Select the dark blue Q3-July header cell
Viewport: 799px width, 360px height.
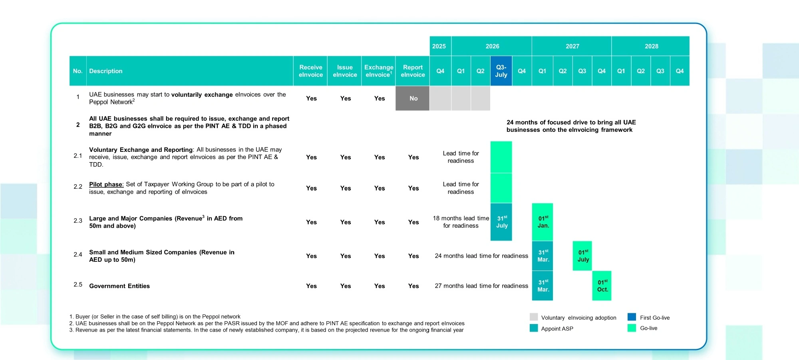[x=501, y=71]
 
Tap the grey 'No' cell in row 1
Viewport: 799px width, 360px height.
[x=413, y=98]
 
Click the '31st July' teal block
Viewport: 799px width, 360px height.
[x=501, y=222]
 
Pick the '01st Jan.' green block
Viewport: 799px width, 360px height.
[x=543, y=222]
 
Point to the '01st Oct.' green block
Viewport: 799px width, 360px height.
[x=602, y=286]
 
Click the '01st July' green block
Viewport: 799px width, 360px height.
[x=582, y=256]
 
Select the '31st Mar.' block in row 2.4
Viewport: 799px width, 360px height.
[x=543, y=256]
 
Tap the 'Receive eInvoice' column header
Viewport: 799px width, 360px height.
[x=310, y=71]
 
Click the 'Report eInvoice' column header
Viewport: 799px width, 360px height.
[x=413, y=71]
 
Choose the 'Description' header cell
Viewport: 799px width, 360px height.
[x=106, y=71]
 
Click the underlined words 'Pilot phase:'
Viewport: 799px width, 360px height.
[x=106, y=184]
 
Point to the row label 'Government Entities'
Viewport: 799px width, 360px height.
[x=119, y=286]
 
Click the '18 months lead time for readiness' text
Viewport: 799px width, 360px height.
[x=461, y=222]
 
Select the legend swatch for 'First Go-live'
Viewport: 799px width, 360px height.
[x=632, y=317]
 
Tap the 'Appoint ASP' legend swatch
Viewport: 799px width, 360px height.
[x=534, y=328]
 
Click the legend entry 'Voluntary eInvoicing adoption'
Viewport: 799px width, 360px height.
[x=578, y=318]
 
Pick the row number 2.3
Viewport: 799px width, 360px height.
[x=78, y=221]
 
